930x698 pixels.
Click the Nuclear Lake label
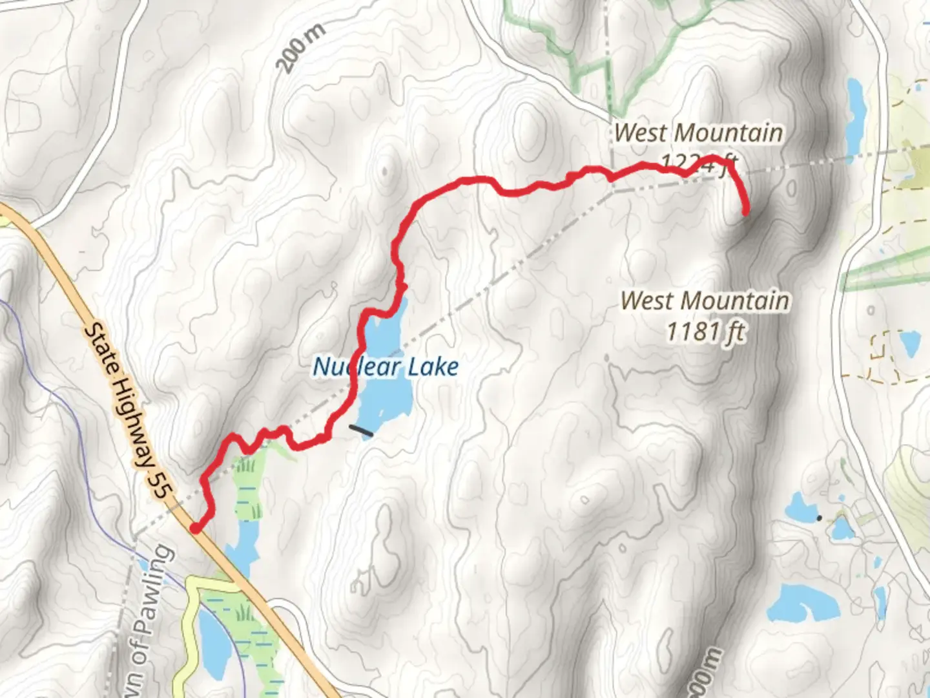click(386, 367)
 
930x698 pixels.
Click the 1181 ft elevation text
click(705, 332)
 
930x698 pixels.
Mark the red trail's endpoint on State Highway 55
click(194, 529)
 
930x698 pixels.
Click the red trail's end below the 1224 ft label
click(745, 211)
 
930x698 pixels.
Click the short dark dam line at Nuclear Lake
click(360, 430)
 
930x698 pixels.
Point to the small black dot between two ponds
click(819, 518)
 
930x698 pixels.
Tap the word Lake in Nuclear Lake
click(433, 367)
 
